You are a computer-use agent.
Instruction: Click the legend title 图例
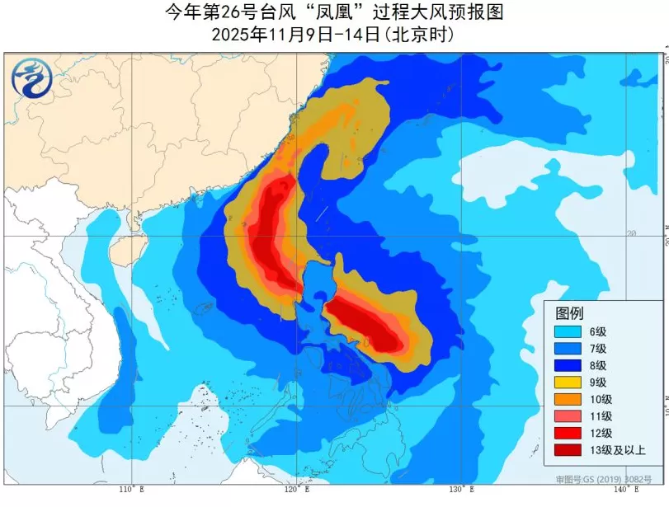click(x=569, y=313)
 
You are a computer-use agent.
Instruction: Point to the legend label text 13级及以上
click(x=617, y=449)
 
